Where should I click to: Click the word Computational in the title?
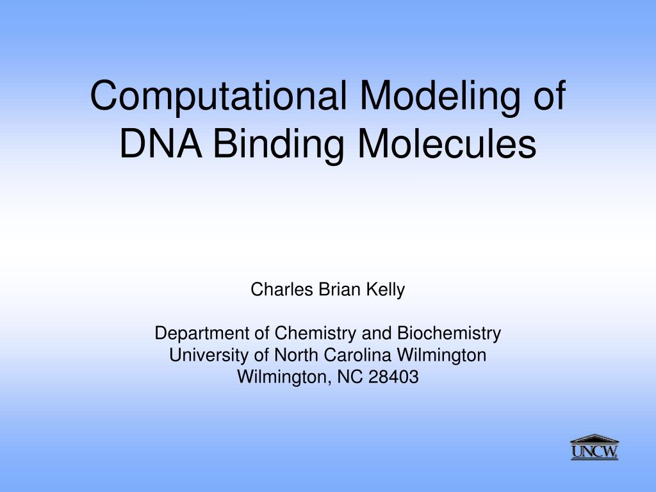pyautogui.click(x=218, y=95)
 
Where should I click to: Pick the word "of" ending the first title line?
pyautogui.click(x=546, y=95)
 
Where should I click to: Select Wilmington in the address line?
pyautogui.click(x=281, y=377)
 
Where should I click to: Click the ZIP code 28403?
pyautogui.click(x=393, y=377)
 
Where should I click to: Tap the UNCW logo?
pyautogui.click(x=594, y=448)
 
